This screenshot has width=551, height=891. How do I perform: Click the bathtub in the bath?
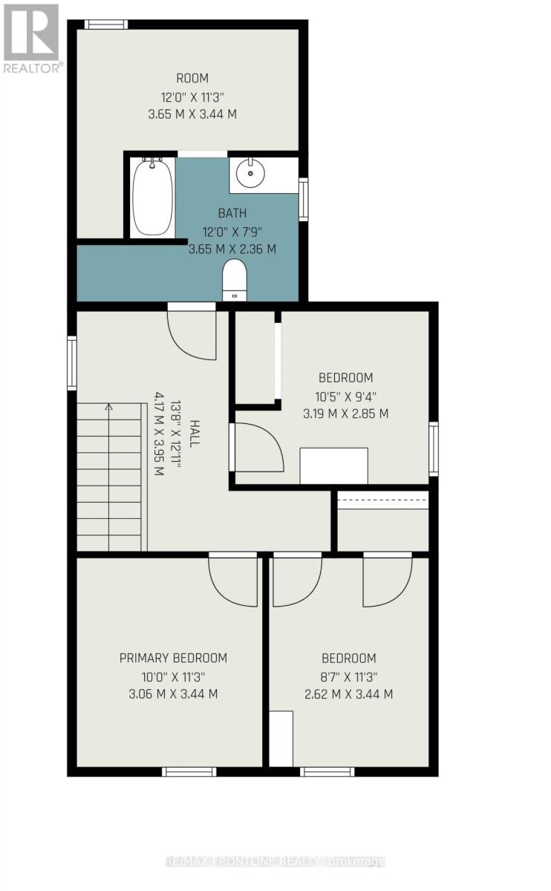(152, 197)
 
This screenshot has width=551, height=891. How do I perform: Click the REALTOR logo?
(31, 37)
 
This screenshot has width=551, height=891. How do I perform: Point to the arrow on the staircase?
(109, 408)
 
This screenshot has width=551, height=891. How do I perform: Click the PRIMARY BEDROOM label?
(173, 658)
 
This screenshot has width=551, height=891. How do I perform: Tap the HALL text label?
(195, 433)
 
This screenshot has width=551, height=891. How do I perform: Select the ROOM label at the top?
(192, 78)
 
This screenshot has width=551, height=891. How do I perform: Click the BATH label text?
(232, 213)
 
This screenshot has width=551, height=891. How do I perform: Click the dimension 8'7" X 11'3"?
(348, 676)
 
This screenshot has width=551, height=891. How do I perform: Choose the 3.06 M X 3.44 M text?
(173, 694)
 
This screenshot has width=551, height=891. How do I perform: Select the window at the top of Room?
(106, 25)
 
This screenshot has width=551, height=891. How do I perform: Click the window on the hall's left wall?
(72, 363)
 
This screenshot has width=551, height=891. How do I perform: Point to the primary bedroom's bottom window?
(189, 771)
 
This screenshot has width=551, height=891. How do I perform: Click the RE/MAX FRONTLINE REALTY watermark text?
(275, 861)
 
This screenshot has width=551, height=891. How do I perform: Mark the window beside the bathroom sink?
(303, 199)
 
